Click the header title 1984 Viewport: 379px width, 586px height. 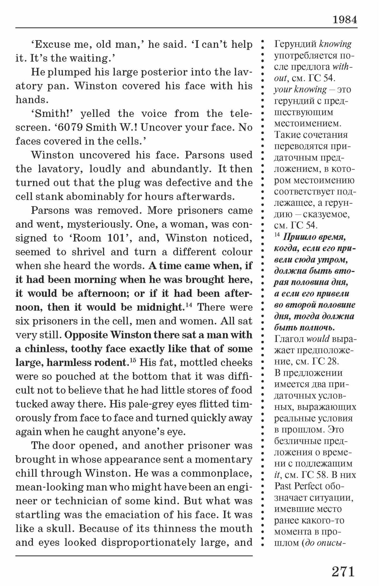tap(345, 20)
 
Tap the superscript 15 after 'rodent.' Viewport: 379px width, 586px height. tap(133, 360)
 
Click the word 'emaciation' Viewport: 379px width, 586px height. tap(139, 515)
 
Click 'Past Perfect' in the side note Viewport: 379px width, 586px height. tap(302, 486)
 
